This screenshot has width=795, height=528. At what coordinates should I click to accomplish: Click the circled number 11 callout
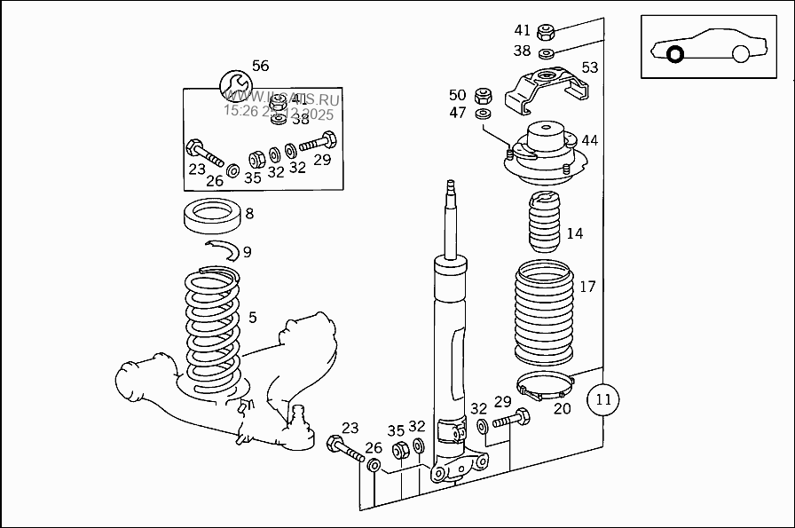point(603,398)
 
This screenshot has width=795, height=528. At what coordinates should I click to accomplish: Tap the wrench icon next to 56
point(234,86)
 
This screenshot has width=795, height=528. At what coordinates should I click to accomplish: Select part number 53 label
point(590,67)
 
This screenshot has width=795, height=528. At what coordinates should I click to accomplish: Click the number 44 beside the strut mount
point(589,140)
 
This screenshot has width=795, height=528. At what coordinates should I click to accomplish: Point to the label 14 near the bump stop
point(575,233)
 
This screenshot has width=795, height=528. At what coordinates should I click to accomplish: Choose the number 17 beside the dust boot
point(587,287)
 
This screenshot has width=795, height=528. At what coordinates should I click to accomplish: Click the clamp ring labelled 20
point(547,388)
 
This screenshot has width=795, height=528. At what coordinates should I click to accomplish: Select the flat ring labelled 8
point(213,216)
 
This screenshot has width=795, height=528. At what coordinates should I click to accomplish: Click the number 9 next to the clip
point(247,252)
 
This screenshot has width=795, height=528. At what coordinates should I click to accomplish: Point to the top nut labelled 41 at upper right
point(547,33)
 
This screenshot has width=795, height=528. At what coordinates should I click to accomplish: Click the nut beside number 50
point(484,94)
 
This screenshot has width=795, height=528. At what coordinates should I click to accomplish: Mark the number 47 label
point(457,113)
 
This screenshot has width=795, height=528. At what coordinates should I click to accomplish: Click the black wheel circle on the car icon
point(675,54)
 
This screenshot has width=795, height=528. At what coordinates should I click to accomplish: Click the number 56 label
point(260,66)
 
